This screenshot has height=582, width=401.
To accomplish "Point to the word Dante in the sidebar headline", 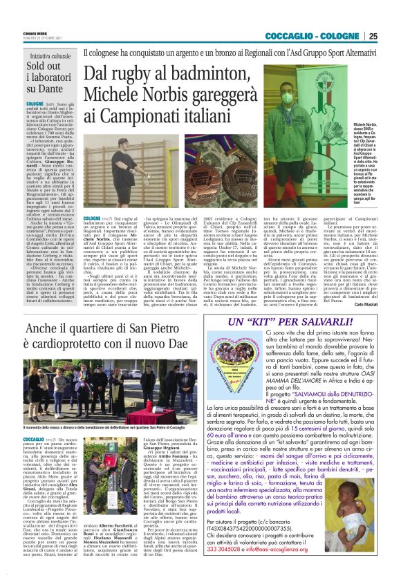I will [26, 88].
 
